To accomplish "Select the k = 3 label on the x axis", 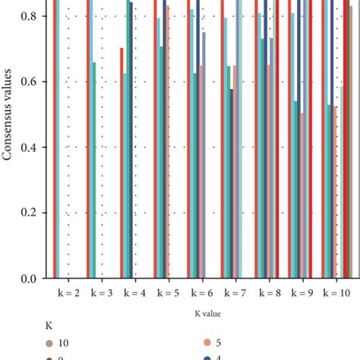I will pyautogui.click(x=101, y=292).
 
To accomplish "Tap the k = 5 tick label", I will pyautogui.click(x=168, y=292).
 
